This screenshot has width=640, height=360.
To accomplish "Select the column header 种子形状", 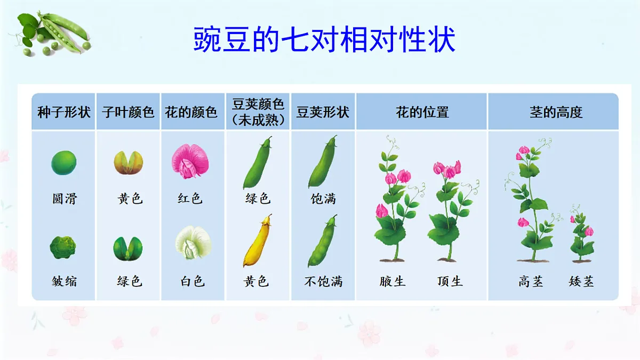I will pos(64,113).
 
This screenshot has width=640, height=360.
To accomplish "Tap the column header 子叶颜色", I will pos(129,113).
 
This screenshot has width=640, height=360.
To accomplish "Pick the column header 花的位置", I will pos(422,113).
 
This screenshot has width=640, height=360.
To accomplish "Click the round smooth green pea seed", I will pos(64,162).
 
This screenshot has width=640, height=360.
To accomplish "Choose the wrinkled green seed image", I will pos(63,247).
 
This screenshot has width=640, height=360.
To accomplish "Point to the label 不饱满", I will pos(323,281).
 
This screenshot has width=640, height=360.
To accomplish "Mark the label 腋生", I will pos(393,281).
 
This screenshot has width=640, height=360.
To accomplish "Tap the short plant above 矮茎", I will pos(581,235).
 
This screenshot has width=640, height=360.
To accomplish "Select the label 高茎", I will pos(531,281).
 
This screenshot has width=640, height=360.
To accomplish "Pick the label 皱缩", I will pos(64,281).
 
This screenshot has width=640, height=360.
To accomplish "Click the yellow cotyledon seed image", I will pos(129,162).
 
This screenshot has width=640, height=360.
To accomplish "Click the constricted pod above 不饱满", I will pos(323,241).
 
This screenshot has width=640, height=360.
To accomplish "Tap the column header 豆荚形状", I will pos(323,113).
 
